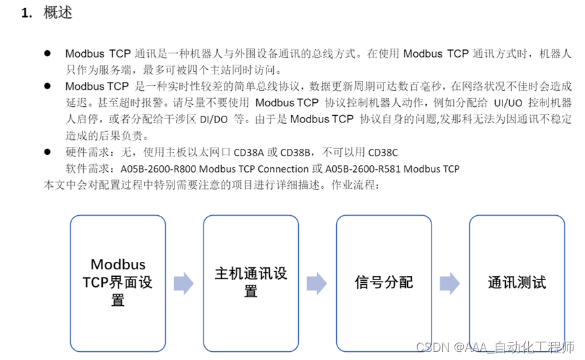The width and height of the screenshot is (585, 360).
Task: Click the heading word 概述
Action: [57, 12]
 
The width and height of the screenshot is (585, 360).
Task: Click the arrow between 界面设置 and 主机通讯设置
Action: [184, 283]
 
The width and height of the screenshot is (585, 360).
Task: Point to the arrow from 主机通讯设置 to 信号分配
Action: [317, 283]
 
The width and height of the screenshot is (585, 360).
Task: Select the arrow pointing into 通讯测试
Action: [450, 283]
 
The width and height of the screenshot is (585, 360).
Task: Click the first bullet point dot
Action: [47, 53]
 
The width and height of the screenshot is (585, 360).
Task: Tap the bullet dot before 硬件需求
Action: [47, 152]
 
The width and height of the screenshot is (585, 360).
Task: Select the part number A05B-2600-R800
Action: [159, 168]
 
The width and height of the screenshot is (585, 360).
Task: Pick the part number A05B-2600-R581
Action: [364, 168]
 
